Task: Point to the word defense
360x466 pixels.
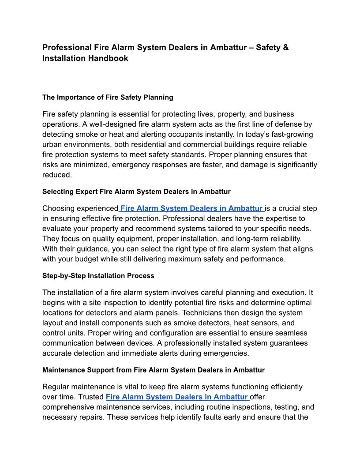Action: tap(289, 124)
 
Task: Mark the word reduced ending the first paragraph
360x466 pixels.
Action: tap(56, 175)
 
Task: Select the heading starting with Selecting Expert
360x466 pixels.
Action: tap(136, 192)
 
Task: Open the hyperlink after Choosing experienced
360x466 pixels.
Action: tap(192, 208)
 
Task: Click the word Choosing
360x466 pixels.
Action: tap(58, 208)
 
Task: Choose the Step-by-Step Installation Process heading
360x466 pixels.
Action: tap(98, 276)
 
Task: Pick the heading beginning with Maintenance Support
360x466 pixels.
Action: tap(153, 370)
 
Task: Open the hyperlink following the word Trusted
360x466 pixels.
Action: tap(177, 397)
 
